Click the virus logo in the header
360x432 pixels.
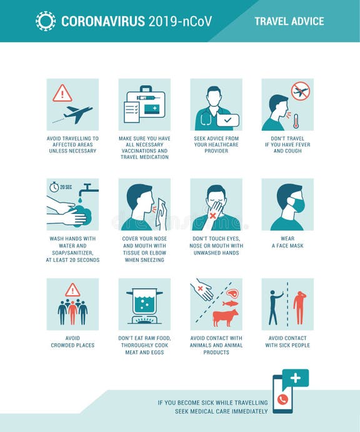[x=45, y=21]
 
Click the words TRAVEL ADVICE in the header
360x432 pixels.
[x=289, y=21]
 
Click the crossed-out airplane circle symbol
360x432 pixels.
[x=301, y=91]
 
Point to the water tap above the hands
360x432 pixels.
[x=89, y=189]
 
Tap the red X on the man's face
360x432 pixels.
[x=212, y=215]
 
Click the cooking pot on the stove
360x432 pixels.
[x=144, y=303]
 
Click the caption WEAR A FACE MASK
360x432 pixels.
[x=287, y=242]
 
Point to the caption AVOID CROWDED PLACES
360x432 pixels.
[x=72, y=341]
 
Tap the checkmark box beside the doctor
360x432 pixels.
[x=227, y=119]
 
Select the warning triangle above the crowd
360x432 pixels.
[x=72, y=289]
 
